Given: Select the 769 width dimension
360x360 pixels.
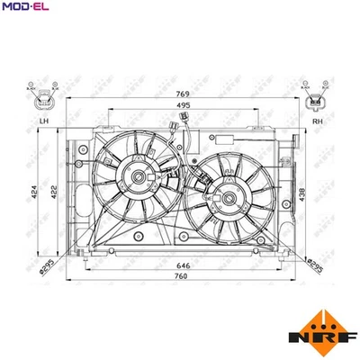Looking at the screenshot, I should tap(183, 94).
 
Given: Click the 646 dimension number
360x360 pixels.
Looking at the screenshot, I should tap(183, 267).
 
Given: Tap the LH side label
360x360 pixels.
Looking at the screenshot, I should tap(42, 121).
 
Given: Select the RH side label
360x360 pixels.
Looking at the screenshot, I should tap(316, 121).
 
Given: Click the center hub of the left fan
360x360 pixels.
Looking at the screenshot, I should tap(142, 177).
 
